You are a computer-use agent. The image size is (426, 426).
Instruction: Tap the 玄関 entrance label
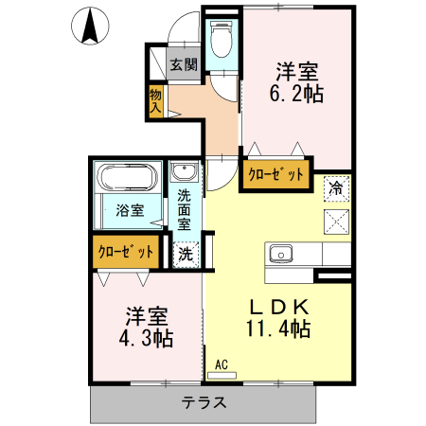[184, 65]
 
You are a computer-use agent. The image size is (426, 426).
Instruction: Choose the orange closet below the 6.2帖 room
[276, 174]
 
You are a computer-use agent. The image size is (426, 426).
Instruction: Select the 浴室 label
[130, 210]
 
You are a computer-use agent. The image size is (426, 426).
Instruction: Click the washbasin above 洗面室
[184, 173]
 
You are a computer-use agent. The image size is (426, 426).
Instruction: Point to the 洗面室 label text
[185, 210]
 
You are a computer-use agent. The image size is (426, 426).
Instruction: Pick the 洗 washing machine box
[186, 253]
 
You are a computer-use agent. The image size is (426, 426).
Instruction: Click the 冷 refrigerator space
[335, 187]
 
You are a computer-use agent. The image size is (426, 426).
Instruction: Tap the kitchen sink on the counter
[282, 254]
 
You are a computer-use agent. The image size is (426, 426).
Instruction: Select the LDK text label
[278, 307]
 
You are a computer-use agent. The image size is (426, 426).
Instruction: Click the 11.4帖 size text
[278, 329]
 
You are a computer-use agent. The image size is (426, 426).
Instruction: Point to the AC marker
[222, 364]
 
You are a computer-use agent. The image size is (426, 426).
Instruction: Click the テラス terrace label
[205, 402]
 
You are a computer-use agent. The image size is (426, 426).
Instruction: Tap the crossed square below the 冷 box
[335, 221]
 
